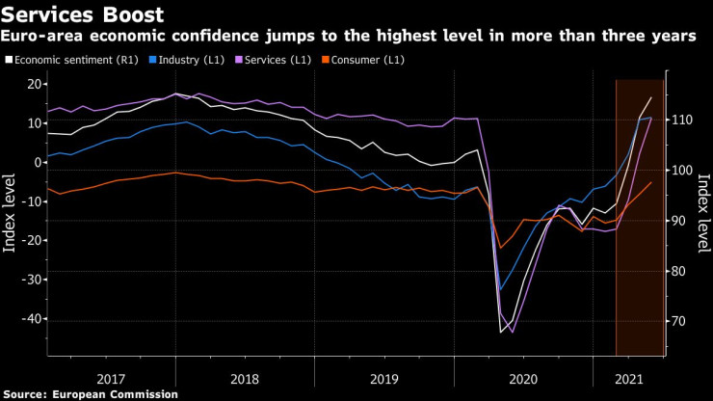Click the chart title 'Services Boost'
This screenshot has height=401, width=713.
coord(82,15)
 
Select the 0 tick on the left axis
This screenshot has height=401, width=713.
coord(36,163)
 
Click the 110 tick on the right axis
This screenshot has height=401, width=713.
coord(681,120)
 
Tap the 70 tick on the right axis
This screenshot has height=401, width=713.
coord(678,322)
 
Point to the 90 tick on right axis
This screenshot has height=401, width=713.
coord(678,221)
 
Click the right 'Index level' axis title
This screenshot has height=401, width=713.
coord(703,213)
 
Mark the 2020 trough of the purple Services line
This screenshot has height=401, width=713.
coord(512,333)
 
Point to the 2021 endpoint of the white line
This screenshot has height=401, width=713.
coord(651,97)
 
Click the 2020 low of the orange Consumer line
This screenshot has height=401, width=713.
coord(500,249)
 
